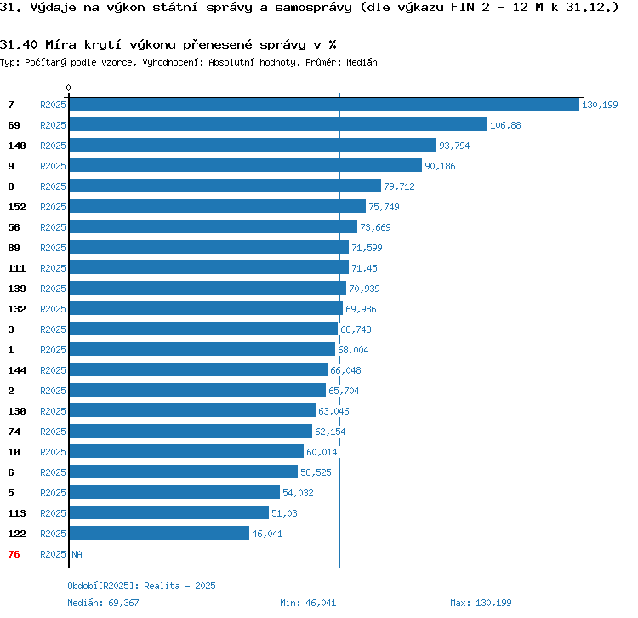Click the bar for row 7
(x=323, y=104)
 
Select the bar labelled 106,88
(x=277, y=124)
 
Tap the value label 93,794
(x=454, y=146)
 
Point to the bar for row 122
(x=159, y=533)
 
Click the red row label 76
(x=14, y=554)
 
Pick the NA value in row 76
(x=77, y=554)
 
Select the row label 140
(x=17, y=146)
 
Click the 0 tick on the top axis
(x=69, y=88)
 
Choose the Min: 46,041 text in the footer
(x=308, y=603)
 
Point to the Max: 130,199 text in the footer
(x=481, y=603)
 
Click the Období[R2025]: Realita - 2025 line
(x=141, y=586)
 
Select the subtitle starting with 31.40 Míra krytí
(x=168, y=44)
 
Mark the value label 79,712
(x=399, y=186)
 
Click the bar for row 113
(x=168, y=512)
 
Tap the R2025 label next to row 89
(x=53, y=248)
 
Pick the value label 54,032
(x=298, y=493)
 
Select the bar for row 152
(x=217, y=206)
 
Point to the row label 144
(x=17, y=370)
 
